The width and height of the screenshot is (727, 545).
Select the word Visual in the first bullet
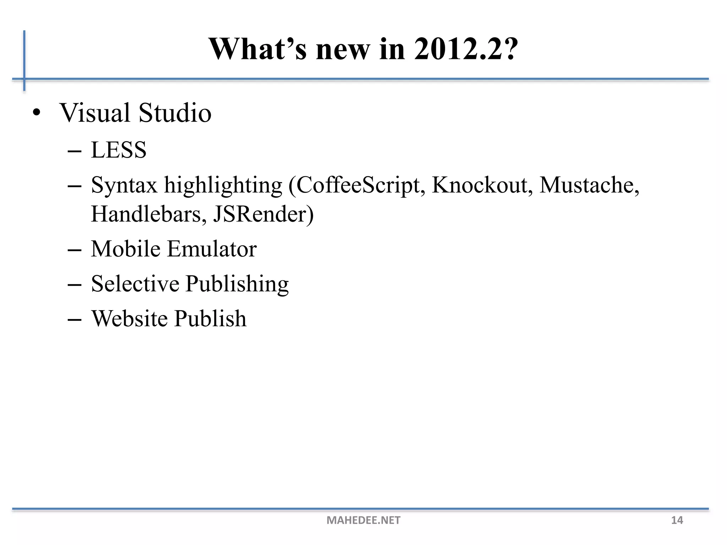95,113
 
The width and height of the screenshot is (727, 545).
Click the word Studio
175,113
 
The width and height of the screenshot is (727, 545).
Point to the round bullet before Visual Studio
36,114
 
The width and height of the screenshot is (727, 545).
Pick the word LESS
119,150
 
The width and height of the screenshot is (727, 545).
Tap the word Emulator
212,249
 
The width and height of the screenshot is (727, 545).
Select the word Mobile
126,249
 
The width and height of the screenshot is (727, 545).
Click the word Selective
135,283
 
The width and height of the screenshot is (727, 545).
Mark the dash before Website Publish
74,319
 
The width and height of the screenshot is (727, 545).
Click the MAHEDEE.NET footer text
363,520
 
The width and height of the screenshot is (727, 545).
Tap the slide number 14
677,520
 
